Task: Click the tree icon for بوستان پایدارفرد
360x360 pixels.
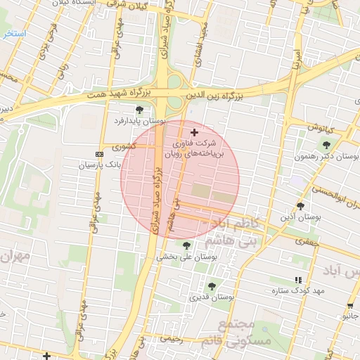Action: pos(139,110)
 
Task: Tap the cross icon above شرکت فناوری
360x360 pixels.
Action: pos(195,132)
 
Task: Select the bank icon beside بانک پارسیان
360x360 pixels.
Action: pos(98,154)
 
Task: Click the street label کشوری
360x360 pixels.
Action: pos(124,146)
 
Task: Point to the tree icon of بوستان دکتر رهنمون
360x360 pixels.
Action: pos(326,144)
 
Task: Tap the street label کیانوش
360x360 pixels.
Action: pos(319,127)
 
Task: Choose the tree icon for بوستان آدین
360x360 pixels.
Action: pos(301,206)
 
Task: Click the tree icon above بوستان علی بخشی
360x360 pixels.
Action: pos(186,245)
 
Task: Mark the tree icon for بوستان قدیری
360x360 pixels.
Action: pos(212,286)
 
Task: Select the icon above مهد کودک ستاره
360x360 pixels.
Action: pos(298,279)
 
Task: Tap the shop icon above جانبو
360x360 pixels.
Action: pos(350,304)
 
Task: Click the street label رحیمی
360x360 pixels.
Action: pos(172,338)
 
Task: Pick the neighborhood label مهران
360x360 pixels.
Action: pos(15,257)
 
